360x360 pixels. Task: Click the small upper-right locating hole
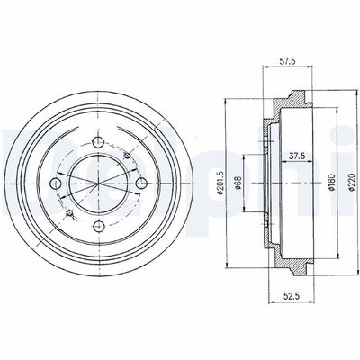point(126,157)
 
